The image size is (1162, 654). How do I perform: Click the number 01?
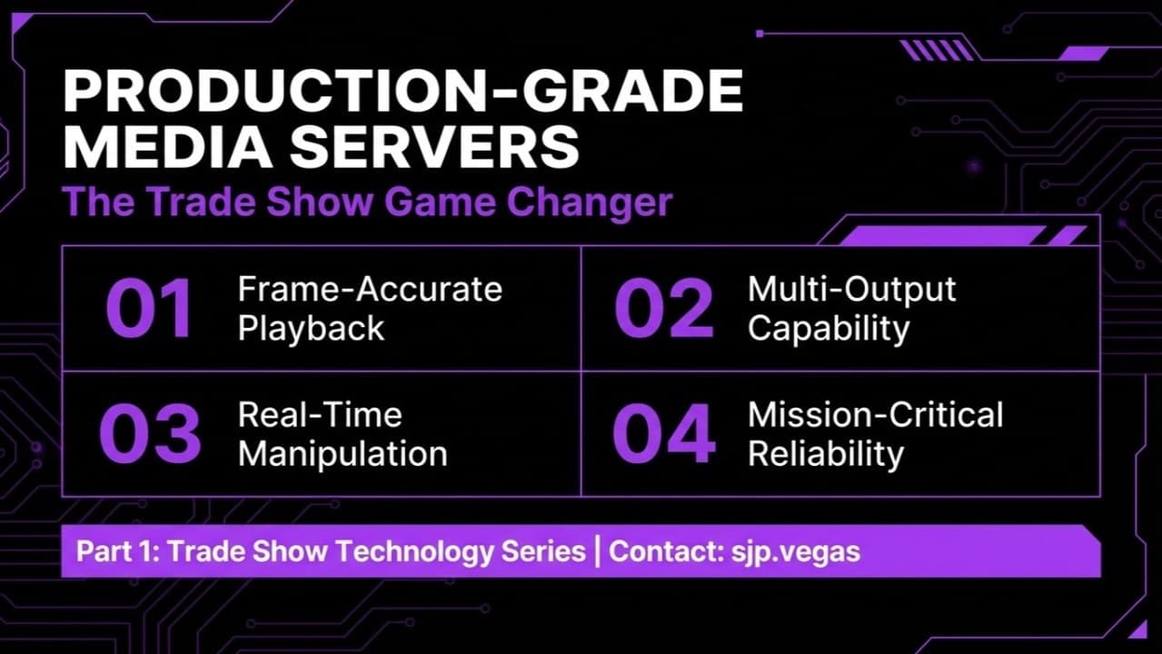[x=149, y=309]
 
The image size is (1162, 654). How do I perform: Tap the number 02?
[x=664, y=309]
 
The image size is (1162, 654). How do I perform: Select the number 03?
[x=149, y=433]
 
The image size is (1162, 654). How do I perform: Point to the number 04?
[x=664, y=433]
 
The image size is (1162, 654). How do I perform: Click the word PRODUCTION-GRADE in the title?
[x=402, y=93]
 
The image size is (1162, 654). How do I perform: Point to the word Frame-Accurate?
[x=370, y=290]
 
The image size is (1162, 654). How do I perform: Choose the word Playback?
[x=312, y=329]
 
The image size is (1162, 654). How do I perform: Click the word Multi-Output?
[x=851, y=290]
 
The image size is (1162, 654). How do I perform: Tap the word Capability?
[x=828, y=329]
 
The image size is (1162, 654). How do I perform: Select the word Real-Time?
[x=320, y=415]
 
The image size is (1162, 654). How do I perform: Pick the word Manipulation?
[x=343, y=453]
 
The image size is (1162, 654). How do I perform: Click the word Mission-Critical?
[x=875, y=415]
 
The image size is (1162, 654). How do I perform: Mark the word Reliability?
[x=826, y=453]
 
